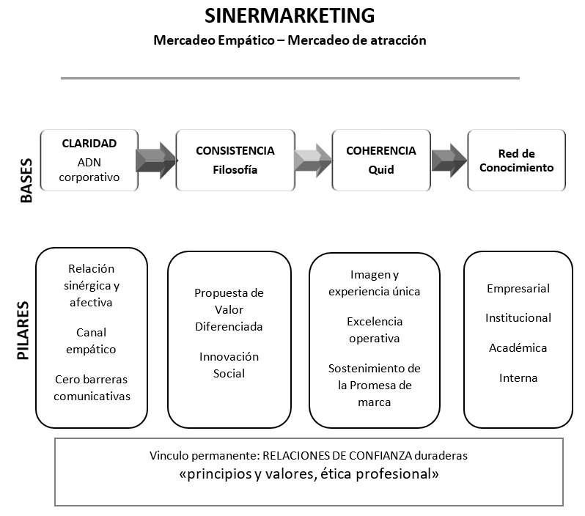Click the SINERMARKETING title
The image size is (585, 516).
[289, 16]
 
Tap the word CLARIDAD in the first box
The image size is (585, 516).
[89, 144]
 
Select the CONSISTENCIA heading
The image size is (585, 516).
[235, 151]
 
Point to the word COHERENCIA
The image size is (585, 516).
[380, 151]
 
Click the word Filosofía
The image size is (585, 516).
[235, 170]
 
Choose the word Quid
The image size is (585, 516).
[380, 170]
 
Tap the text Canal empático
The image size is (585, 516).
[91, 341]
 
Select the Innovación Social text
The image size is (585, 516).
[229, 365]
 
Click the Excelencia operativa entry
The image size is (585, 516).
[374, 330]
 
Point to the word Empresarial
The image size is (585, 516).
[518, 289]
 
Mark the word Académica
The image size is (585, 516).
[518, 348]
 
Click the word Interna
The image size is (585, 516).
[518, 378]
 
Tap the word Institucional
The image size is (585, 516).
[518, 318]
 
